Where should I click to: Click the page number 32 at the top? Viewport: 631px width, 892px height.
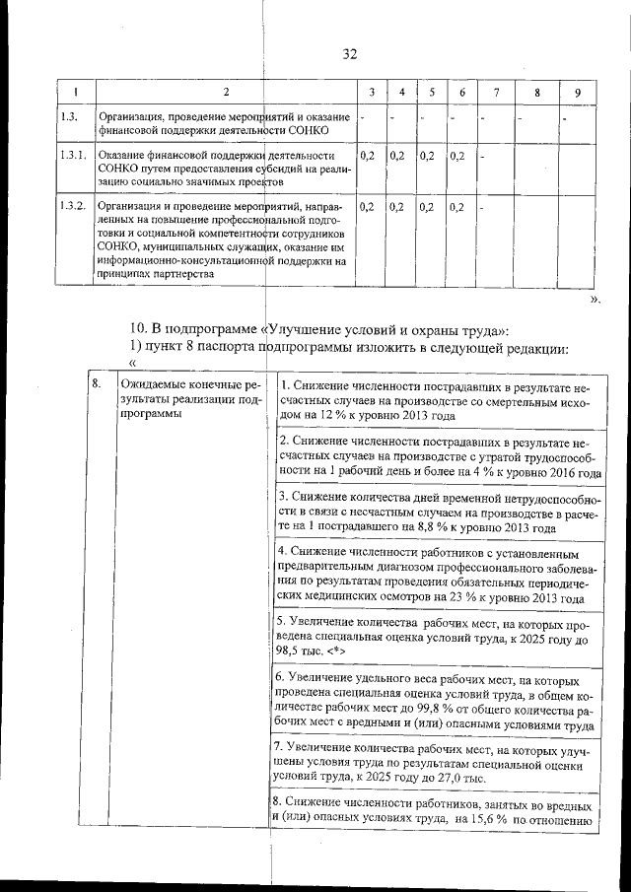pyautogui.click(x=349, y=54)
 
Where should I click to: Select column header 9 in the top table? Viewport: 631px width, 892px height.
pyautogui.click(x=577, y=93)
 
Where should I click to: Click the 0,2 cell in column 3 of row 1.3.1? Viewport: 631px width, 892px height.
pyautogui.click(x=367, y=156)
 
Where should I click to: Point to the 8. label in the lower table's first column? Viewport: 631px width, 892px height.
pyautogui.click(x=97, y=383)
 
